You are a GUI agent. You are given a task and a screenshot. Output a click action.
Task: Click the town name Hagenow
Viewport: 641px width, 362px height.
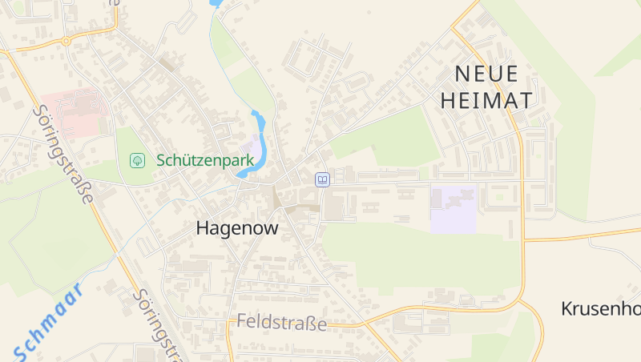[x=237, y=228]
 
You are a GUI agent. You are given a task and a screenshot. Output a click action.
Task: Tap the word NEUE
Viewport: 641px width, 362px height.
[x=486, y=74]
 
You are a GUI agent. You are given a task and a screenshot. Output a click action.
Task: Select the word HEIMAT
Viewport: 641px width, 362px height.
[x=486, y=100]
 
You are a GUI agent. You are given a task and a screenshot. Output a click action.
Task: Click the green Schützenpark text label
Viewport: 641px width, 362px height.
[x=205, y=160]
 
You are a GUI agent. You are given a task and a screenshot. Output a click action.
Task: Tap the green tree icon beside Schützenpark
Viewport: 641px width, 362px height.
[x=138, y=160]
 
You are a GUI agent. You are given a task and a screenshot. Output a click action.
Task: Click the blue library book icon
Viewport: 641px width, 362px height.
[x=321, y=179]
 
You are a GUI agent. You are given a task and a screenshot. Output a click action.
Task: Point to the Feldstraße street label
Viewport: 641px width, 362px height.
[x=281, y=324]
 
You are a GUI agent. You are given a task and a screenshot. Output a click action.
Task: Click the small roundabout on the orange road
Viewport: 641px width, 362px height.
[x=67, y=40]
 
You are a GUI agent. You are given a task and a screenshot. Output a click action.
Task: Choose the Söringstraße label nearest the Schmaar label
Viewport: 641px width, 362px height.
[x=157, y=324]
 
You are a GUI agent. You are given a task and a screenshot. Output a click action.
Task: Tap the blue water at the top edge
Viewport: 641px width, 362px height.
[x=215, y=3]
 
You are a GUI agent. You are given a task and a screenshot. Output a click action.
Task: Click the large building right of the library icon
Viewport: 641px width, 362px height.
[x=333, y=204]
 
